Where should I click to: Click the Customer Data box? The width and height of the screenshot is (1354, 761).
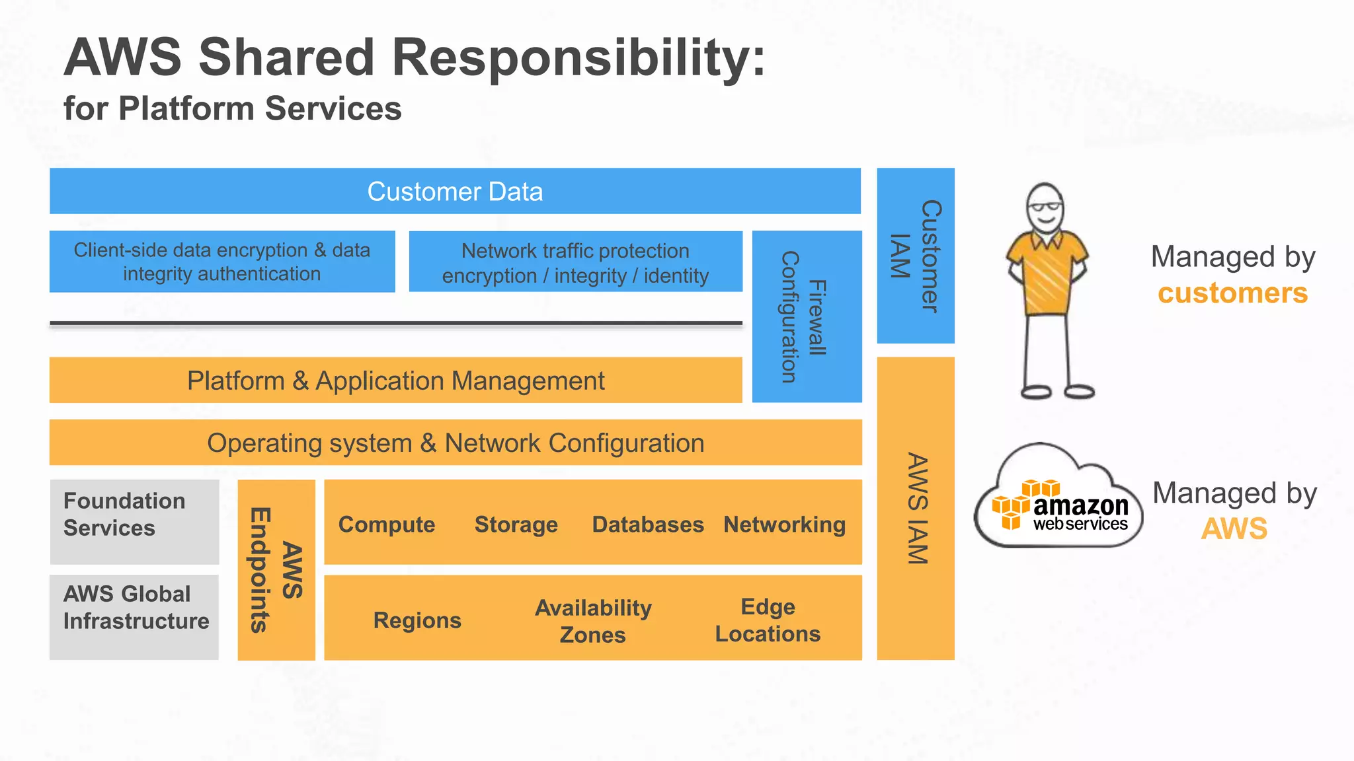click(455, 192)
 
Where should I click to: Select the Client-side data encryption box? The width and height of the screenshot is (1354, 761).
click(222, 262)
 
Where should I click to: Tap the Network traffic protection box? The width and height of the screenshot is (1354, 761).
click(575, 262)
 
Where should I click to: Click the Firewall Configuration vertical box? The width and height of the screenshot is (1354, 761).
click(807, 317)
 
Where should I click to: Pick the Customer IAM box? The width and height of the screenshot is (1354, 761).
click(916, 256)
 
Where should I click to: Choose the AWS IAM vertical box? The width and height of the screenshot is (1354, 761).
click(916, 509)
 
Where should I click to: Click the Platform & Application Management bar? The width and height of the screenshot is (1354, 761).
click(395, 381)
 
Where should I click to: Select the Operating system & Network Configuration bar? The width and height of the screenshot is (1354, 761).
click(455, 443)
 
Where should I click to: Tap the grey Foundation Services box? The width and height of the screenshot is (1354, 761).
click(134, 522)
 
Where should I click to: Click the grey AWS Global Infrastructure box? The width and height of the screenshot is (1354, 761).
click(134, 616)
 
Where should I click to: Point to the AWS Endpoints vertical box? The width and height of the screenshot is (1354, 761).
click(276, 569)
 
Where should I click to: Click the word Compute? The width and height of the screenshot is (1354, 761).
click(387, 525)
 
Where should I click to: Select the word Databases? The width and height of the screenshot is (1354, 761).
click(648, 525)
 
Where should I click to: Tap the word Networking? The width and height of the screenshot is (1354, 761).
click(784, 525)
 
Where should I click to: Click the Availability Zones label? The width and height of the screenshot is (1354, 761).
click(593, 621)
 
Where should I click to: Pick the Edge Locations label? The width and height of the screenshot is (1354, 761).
click(768, 620)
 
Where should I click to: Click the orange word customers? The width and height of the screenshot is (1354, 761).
click(1232, 293)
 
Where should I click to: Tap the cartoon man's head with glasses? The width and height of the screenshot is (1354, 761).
click(1045, 208)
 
